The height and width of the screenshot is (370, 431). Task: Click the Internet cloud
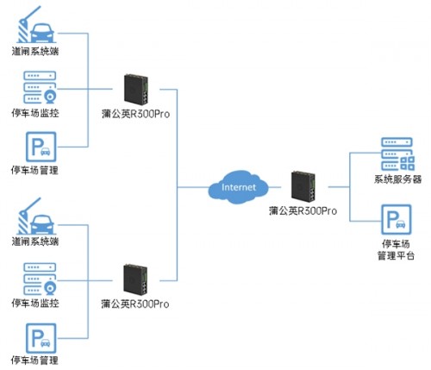pyautogui.click(x=238, y=187)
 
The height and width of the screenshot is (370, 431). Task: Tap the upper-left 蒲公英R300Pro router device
pyautogui.click(x=136, y=90)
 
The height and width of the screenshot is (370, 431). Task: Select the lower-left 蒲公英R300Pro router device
pyautogui.click(x=135, y=279)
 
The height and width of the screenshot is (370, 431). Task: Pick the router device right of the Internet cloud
pyautogui.click(x=303, y=187)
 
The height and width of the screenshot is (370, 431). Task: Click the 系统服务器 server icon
pyautogui.click(x=397, y=154)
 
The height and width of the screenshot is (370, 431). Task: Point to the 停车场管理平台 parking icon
pyautogui.click(x=397, y=220)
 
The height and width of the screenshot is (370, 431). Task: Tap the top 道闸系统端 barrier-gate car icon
pyautogui.click(x=36, y=25)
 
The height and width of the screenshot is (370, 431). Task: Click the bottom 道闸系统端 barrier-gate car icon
pyautogui.click(x=36, y=216)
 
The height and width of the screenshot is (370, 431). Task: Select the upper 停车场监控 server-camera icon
pyautogui.click(x=40, y=88)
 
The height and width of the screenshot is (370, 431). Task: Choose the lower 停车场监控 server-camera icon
pyautogui.click(x=40, y=279)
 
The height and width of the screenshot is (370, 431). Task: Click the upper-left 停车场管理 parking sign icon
pyautogui.click(x=41, y=147)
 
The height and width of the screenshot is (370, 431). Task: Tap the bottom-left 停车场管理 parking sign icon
pyautogui.click(x=41, y=338)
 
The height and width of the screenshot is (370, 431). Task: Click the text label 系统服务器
pyautogui.click(x=397, y=179)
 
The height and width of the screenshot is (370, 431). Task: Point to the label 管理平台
pyautogui.click(x=396, y=255)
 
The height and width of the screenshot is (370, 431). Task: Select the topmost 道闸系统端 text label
pyautogui.click(x=35, y=51)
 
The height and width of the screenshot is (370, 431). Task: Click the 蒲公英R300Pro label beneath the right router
pyautogui.click(x=303, y=210)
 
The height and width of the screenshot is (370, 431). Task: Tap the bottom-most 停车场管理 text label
pyautogui.click(x=34, y=361)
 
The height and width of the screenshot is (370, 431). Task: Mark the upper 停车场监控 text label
pyautogui.click(x=35, y=113)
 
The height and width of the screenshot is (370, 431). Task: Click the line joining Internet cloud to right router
pyautogui.click(x=275, y=187)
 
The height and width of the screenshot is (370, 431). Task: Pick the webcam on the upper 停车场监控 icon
pyautogui.click(x=50, y=97)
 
